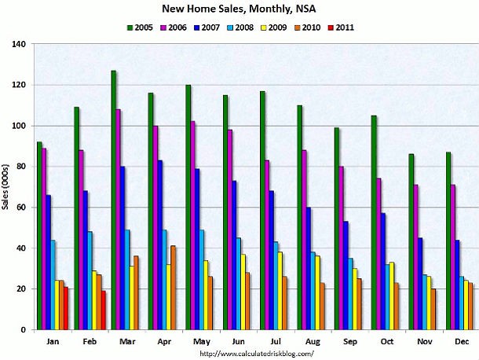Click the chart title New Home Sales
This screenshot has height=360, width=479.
click(239, 9)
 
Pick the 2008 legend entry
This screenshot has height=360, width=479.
click(239, 27)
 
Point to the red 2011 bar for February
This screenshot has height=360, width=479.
click(103, 310)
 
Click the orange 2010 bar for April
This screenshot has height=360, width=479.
click(174, 288)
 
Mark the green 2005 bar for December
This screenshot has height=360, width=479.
click(448, 241)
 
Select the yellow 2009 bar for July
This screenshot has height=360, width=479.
click(280, 291)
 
